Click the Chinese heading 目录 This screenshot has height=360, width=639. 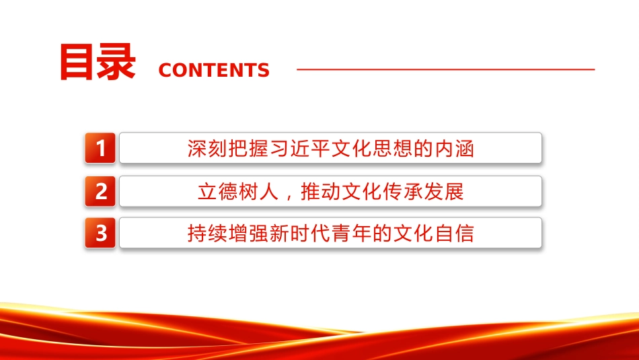coord(98,61)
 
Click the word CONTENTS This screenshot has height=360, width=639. coord(214,70)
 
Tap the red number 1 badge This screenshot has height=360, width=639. coord(100,147)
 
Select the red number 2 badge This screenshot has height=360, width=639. coord(100,191)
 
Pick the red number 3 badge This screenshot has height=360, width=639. coord(100,233)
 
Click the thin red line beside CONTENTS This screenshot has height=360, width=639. coord(446,69)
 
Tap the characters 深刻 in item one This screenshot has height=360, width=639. coord(207,149)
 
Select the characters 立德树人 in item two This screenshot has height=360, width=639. coord(238,192)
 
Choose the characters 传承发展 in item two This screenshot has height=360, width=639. coord(423,192)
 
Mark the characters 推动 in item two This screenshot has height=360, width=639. coord(320,192)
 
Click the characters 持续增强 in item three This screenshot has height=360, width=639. coord(228,233)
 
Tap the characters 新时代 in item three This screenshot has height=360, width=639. coord(299,233)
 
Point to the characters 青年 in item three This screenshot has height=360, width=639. coord(351,233)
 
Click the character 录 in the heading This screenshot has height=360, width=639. coord(116,61)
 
